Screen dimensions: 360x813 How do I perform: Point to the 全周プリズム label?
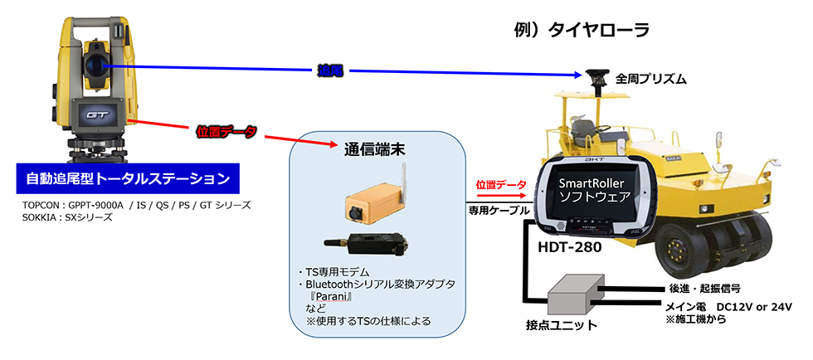(x=650, y=79)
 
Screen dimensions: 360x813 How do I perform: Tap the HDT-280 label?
(x=571, y=247)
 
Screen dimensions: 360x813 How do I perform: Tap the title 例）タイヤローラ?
(x=582, y=31)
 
